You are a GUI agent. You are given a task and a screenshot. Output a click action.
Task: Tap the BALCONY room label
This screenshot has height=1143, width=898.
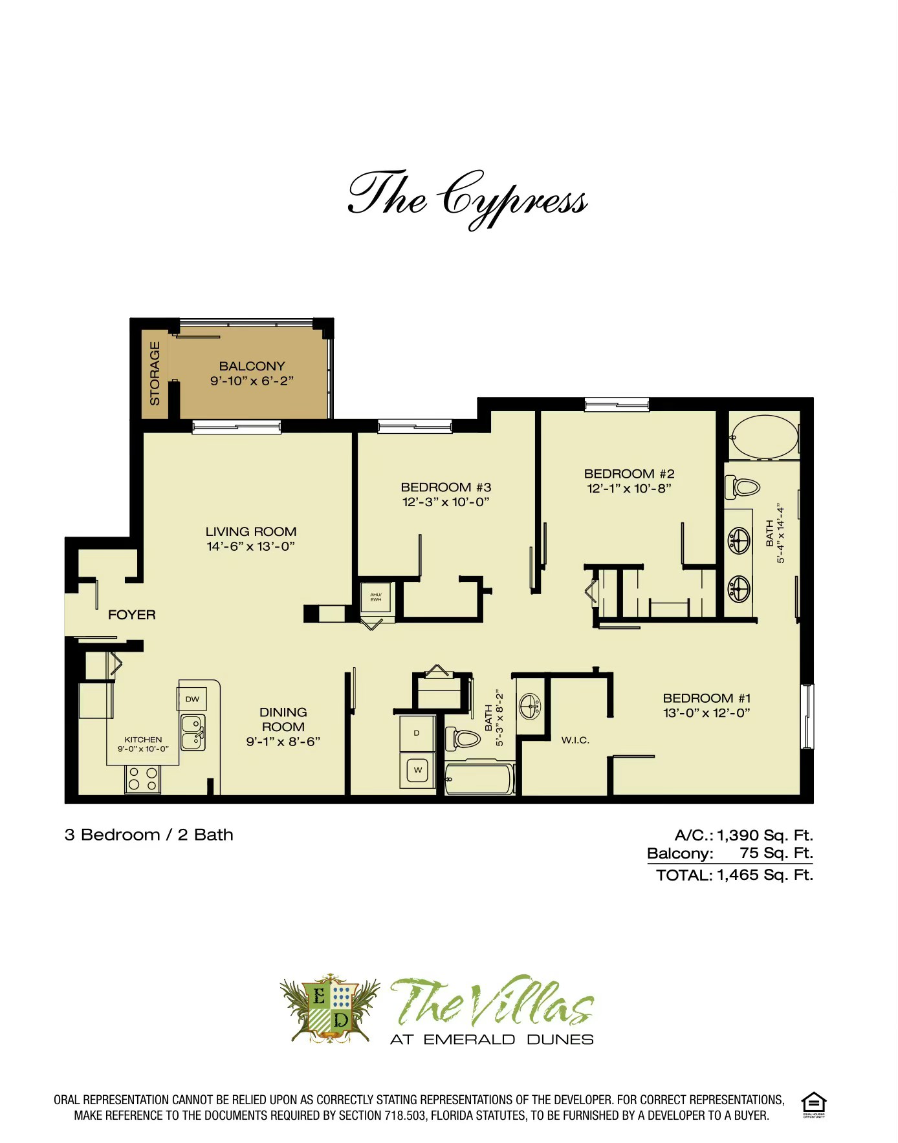click(x=252, y=366)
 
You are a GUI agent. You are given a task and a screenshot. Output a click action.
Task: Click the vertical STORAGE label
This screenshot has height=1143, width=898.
click(x=155, y=373)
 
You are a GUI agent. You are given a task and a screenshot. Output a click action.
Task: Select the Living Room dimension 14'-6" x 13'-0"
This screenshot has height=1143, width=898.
click(x=250, y=546)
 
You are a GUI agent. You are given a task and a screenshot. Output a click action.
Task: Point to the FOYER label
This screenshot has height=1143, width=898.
click(x=131, y=615)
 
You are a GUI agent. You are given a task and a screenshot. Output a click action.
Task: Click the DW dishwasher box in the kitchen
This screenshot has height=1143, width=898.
click(x=192, y=699)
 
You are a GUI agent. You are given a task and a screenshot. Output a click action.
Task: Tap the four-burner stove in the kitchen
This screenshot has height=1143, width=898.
click(x=142, y=778)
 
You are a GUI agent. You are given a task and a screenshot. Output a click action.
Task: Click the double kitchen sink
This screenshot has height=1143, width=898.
click(x=192, y=732)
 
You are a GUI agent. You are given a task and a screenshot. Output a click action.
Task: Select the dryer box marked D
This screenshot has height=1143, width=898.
click(x=417, y=733)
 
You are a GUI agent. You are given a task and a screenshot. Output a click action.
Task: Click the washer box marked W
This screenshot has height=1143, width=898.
click(x=417, y=769)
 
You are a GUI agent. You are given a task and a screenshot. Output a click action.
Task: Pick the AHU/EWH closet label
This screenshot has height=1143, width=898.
click(x=376, y=597)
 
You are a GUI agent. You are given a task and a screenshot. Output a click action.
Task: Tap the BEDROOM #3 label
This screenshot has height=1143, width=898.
click(x=446, y=487)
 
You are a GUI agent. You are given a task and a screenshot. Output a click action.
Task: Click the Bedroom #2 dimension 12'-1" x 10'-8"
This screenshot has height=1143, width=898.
click(x=629, y=489)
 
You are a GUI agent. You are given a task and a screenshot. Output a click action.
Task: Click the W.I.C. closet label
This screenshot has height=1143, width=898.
click(x=575, y=740)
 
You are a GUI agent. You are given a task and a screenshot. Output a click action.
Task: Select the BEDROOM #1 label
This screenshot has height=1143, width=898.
click(x=706, y=698)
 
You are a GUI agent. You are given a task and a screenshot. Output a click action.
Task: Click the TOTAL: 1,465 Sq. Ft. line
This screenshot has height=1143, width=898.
click(x=734, y=875)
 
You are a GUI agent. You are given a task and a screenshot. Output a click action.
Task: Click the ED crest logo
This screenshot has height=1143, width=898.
click(x=331, y=1009)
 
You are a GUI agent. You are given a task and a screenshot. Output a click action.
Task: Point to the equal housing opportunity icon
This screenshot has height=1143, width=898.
click(x=813, y=1104)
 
